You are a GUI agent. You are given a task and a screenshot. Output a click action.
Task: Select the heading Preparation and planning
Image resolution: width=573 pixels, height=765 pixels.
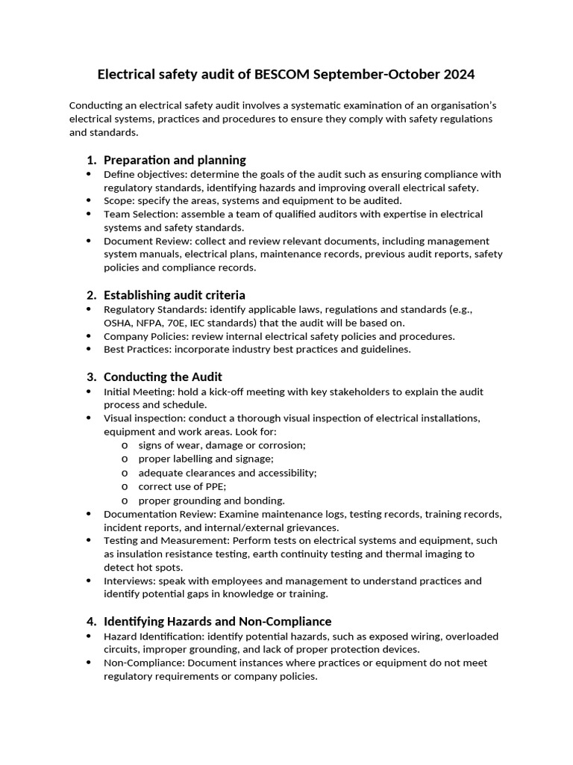coord(175,160)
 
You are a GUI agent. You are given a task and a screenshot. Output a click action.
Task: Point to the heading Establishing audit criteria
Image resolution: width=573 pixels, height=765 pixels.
coord(175,295)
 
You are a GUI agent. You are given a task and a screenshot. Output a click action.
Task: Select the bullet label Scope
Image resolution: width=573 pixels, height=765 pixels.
coord(118,201)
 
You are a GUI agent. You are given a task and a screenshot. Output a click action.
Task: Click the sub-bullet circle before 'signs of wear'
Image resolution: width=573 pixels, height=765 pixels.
coord(125,445)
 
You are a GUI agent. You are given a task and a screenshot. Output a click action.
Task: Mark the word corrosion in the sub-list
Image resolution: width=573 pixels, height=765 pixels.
coord(281,445)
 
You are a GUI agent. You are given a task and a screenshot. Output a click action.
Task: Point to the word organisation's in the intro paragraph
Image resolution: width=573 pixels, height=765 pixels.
coord(451,105)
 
